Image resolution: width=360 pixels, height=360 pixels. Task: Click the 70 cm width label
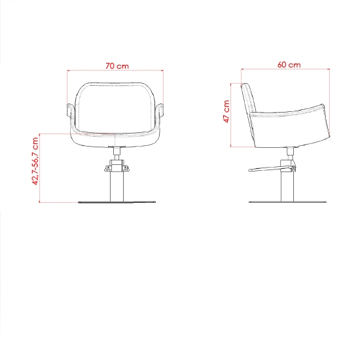tap(116, 65)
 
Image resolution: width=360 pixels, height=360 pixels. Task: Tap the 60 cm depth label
tap(289, 65)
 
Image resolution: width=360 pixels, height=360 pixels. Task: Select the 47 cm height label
tap(226, 111)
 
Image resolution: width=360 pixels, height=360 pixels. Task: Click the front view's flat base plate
tap(116, 202)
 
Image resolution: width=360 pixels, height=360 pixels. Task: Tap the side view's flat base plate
tap(287, 202)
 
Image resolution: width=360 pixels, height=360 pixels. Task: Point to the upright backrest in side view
tap(247, 101)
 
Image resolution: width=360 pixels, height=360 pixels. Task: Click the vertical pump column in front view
tap(116, 187)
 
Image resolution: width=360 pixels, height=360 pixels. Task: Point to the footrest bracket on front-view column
tap(116, 169)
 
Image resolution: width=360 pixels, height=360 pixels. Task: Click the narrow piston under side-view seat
tap(288, 153)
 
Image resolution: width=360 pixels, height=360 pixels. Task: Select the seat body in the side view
tap(291, 128)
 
